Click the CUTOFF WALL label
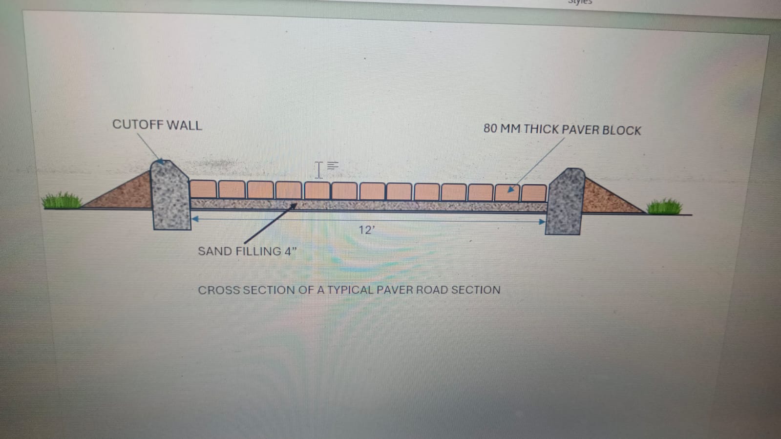pos(157,125)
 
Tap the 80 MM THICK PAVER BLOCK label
pos(562,129)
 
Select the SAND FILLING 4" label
pos(247,251)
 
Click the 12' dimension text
pos(366,230)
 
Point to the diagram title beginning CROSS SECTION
pos(349,290)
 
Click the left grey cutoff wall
pos(170,195)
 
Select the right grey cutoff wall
pos(565,201)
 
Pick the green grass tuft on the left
pos(62,201)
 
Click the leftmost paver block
pos(203,189)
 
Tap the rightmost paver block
pos(533,193)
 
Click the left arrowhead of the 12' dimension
pos(195,219)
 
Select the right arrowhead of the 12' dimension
pos(541,222)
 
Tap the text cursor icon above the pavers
pos(319,170)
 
